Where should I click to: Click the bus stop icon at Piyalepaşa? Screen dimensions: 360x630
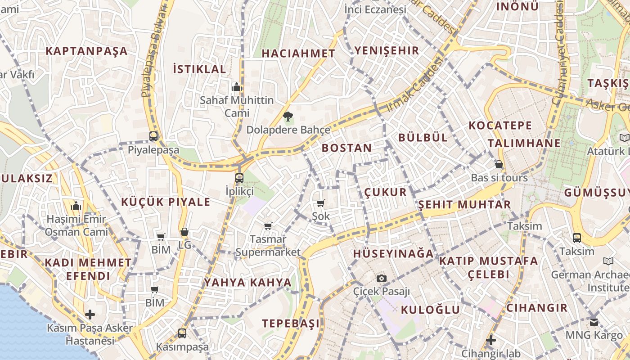click(153, 136)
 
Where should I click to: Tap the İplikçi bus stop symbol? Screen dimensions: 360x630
click(239, 178)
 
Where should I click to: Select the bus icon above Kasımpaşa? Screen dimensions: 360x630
click(182, 333)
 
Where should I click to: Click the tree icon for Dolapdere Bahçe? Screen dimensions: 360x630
click(288, 117)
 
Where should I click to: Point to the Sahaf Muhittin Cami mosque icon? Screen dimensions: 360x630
click(236, 86)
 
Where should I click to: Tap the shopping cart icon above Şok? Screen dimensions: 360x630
click(321, 203)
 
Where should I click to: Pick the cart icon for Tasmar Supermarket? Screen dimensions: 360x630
click(268, 226)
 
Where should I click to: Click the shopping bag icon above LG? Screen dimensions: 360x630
click(184, 232)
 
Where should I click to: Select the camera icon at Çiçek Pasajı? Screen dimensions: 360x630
click(382, 278)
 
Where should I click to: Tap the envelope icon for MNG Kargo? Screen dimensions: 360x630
click(594, 322)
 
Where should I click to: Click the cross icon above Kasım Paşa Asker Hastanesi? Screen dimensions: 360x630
click(90, 315)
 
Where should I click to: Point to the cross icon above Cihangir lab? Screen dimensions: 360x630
click(491, 340)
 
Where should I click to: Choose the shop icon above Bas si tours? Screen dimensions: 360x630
click(499, 164)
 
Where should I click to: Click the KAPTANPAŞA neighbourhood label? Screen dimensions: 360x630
click(87, 51)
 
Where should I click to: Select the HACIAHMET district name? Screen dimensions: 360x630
click(298, 54)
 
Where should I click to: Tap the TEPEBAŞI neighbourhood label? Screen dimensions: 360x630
click(291, 323)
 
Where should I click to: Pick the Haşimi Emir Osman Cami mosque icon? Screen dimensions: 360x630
click(76, 206)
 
